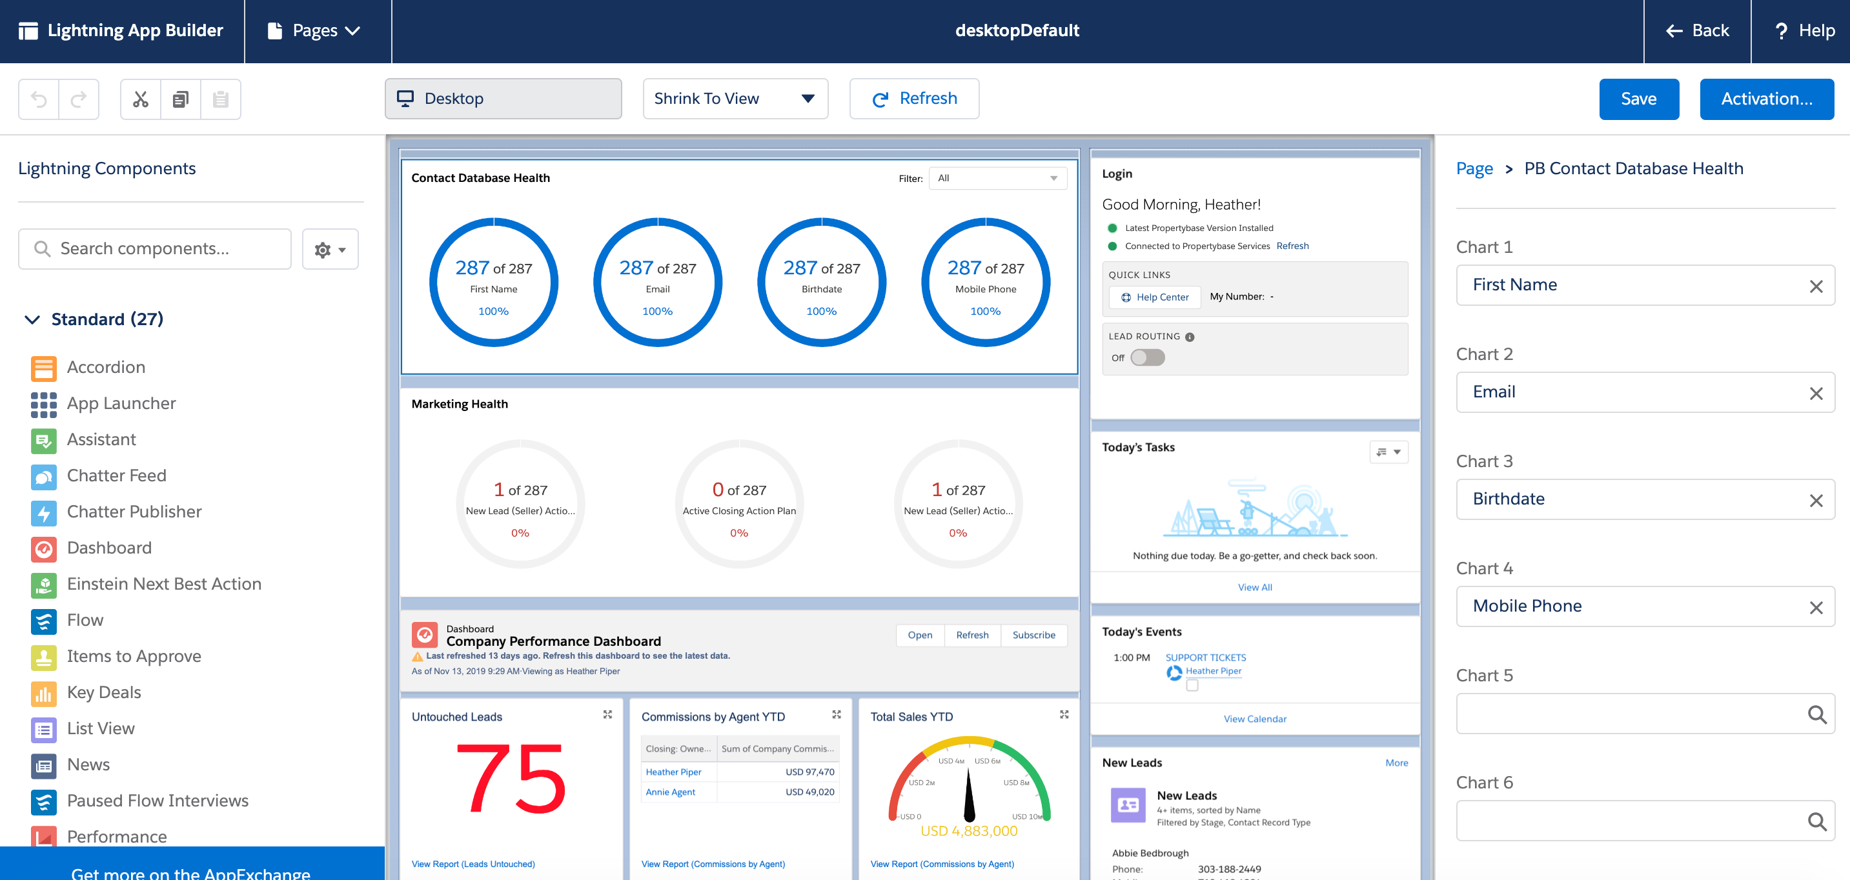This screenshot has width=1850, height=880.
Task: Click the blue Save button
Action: [1638, 99]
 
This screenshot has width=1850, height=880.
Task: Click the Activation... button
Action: [1766, 99]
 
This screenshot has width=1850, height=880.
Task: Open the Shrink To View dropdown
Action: [735, 99]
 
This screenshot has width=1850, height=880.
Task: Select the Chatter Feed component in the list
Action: [116, 476]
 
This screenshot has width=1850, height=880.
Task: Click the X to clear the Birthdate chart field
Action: [1816, 500]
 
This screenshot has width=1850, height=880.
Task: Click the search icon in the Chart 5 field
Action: [1816, 714]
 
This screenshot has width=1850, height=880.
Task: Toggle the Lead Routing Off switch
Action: [1147, 357]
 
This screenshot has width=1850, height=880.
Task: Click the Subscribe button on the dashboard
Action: [1033, 635]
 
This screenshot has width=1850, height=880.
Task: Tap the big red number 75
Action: [511, 779]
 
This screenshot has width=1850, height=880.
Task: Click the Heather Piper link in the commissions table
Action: [673, 772]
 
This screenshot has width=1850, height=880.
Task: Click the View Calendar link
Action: [1254, 719]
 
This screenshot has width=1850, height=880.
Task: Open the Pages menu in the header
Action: [314, 31]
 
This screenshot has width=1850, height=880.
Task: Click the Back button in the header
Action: [1697, 31]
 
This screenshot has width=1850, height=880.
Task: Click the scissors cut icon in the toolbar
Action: [140, 99]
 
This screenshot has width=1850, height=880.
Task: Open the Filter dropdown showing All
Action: [997, 179]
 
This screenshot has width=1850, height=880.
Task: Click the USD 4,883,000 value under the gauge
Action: [968, 831]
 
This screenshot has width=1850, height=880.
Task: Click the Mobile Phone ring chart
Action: [984, 282]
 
